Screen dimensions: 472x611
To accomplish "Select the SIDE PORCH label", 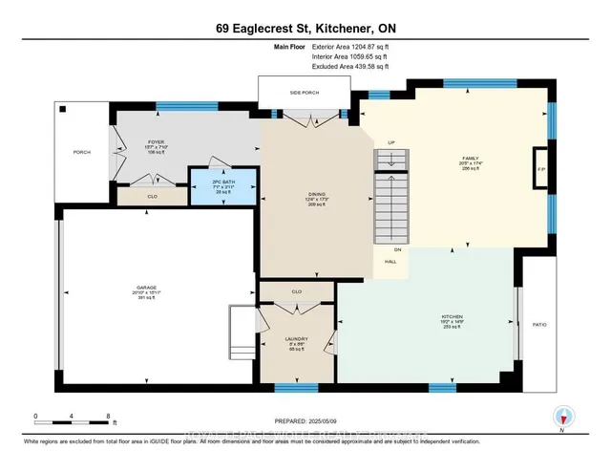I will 303,94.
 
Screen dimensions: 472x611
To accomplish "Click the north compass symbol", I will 563,416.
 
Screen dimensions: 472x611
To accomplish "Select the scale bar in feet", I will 73,417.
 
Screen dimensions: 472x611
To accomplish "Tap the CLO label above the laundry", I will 297,290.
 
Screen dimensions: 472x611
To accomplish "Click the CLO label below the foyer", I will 152,196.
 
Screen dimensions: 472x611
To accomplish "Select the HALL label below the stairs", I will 390,260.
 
